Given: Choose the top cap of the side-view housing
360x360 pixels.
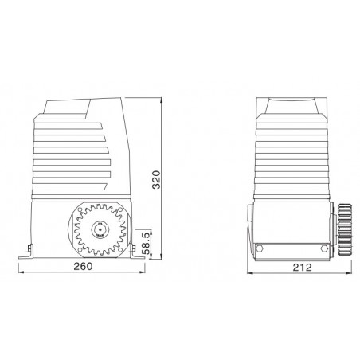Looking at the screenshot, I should point(292,104).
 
